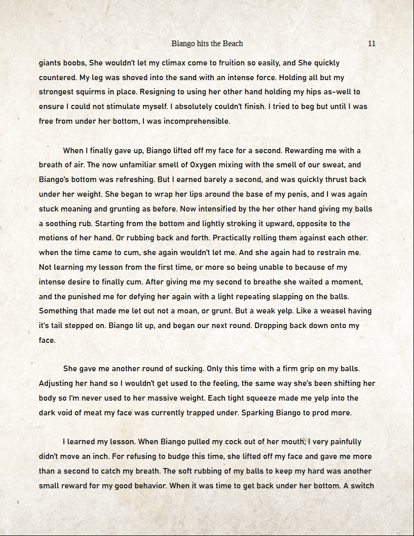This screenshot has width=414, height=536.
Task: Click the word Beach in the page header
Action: pyautogui.click(x=233, y=44)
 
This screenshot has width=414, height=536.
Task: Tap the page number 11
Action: pyautogui.click(x=371, y=44)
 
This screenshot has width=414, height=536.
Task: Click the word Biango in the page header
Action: pyautogui.click(x=183, y=44)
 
